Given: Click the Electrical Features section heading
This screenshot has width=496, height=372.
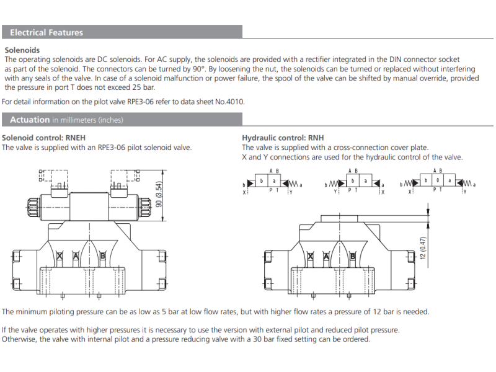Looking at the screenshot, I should coord(46,32).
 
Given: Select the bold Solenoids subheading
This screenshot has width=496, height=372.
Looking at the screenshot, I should coord(22,50).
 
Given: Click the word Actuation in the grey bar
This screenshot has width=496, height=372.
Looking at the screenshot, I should coord(30,120).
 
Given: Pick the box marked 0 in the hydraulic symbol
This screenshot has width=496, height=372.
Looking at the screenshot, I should coord(437,181).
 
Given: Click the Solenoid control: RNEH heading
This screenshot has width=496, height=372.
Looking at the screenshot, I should coord(43,138).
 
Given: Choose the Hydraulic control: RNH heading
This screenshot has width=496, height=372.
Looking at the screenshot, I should coord(283,138).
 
